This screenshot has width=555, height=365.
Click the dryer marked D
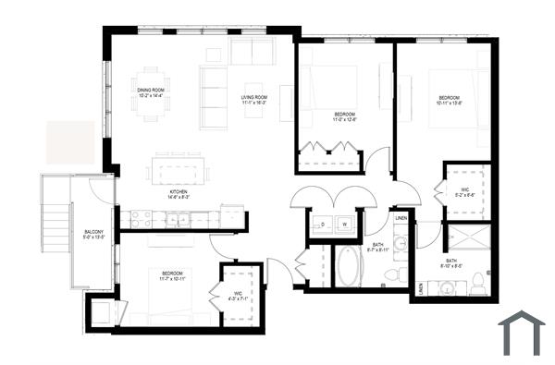tap(324, 224)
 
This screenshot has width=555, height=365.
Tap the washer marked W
tap(344, 224)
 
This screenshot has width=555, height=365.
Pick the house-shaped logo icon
tap(521, 333)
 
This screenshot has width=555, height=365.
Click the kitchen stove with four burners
tap(141, 219)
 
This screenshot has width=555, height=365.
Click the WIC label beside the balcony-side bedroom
tap(212, 295)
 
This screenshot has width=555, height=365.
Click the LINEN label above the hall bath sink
tap(401, 218)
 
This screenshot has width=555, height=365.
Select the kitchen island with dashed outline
tap(179, 172)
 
